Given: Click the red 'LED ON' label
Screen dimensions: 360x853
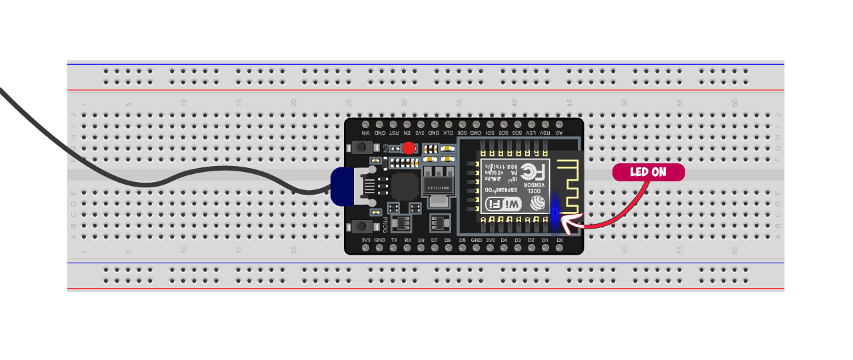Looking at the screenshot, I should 648,172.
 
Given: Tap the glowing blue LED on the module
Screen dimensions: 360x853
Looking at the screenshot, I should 554,211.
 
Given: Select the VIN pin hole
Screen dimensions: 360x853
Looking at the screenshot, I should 365,125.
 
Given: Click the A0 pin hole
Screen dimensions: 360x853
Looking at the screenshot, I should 560,125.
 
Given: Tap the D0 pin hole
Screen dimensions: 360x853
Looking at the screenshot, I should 560,248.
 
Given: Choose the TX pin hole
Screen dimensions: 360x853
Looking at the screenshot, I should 393,248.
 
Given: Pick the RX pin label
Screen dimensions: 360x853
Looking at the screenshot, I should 407,240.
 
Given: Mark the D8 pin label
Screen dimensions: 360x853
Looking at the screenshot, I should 421,240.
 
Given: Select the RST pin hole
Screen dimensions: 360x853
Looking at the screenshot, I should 393,125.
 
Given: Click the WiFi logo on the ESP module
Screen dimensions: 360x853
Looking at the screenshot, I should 504,204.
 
